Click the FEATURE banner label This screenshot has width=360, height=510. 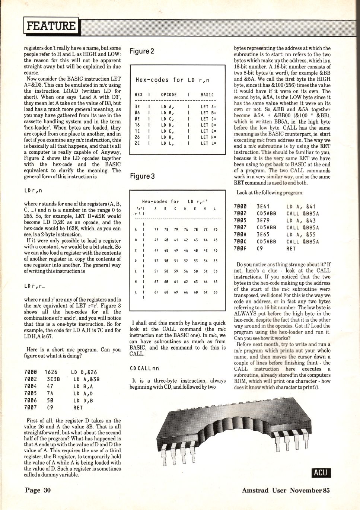coord(51,26)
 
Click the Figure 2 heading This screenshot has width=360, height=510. coord(141,51)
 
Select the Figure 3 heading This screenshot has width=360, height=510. coord(142,176)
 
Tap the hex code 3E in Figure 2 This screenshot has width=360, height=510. coord(137,106)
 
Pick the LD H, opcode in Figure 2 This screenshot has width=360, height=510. coord(168,137)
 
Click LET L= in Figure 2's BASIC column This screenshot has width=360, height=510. coord(208,143)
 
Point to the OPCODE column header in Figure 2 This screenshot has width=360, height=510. coord(169,95)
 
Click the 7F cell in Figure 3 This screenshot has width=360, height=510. coord(156,230)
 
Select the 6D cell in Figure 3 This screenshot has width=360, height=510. coord(215,293)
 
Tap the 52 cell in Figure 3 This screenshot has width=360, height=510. coord(185,261)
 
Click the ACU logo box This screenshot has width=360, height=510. coord(321,472)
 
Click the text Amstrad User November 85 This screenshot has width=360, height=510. coord(286,490)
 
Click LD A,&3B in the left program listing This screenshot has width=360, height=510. coord(86,379)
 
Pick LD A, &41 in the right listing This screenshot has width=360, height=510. coord(301,207)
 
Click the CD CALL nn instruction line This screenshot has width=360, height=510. coord(144,368)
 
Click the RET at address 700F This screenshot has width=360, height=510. coord(291,249)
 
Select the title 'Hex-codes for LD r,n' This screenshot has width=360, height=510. coord(172,80)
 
